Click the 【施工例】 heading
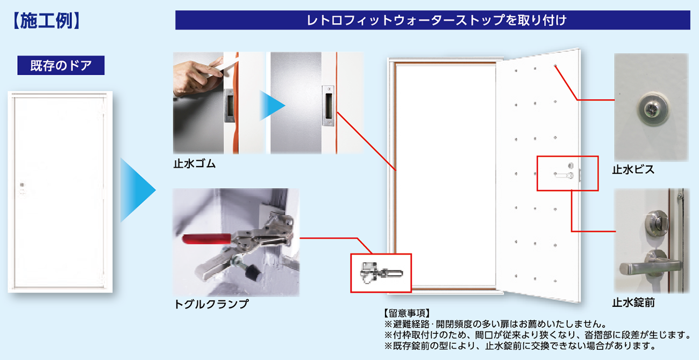[46, 21]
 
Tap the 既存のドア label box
[61, 65]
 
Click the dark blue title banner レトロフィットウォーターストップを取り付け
[432, 20]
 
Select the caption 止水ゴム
[195, 164]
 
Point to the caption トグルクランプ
[211, 304]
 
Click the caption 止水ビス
[633, 170]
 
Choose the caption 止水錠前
[633, 303]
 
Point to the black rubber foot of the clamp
[252, 272]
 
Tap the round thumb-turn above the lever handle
[657, 222]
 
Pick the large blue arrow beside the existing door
[138, 190]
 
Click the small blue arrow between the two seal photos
[272, 105]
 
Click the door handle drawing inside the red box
[564, 175]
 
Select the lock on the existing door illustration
[22, 188]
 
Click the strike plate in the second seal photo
[328, 106]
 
